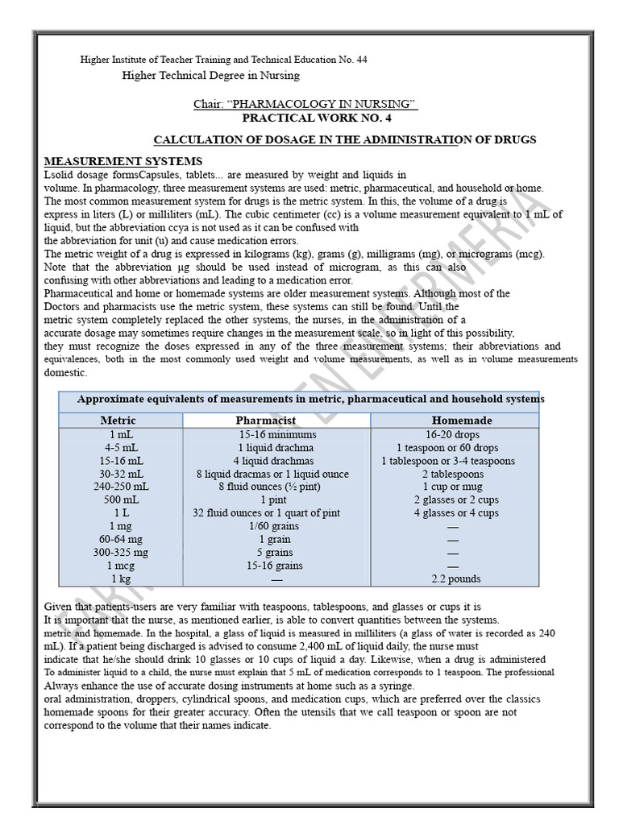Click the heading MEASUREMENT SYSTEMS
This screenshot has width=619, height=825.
[123, 161]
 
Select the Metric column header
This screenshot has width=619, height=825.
[118, 420]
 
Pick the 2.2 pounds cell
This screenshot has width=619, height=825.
[455, 578]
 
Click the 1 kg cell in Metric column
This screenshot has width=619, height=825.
[121, 578]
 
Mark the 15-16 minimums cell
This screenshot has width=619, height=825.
[277, 434]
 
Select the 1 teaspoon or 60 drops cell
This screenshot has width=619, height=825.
[447, 447]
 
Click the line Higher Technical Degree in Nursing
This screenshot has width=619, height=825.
[210, 75]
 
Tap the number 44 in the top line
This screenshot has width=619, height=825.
[361, 60]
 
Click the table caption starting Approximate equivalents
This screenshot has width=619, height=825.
[310, 399]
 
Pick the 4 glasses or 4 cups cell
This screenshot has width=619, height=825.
[456, 512]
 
